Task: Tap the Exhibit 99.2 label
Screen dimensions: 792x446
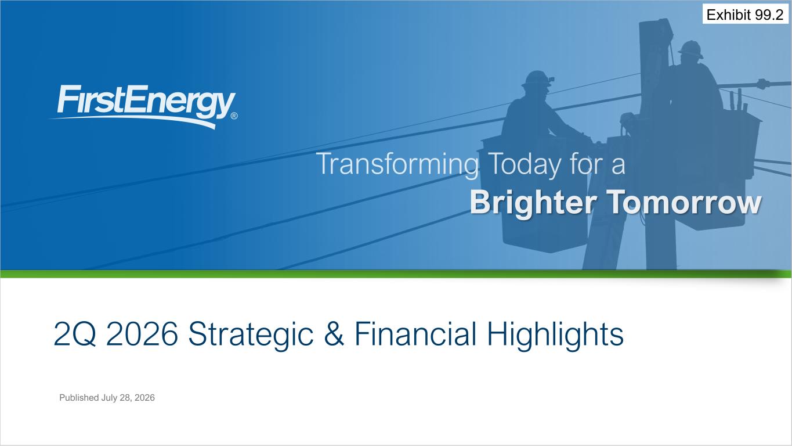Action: [745, 15]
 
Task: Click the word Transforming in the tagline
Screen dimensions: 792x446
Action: [397, 164]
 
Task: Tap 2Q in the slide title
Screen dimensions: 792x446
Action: [75, 334]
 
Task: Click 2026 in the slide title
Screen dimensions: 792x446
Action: [142, 334]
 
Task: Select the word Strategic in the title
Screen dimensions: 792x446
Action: [251, 334]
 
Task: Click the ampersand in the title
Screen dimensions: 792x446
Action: [334, 334]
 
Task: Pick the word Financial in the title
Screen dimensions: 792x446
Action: [415, 333]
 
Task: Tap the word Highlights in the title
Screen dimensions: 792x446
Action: [555, 334]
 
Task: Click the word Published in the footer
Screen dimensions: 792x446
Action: [79, 397]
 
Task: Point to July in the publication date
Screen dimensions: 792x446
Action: [109, 398]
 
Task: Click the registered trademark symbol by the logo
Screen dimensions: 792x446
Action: [234, 116]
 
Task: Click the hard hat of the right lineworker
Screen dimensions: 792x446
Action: [691, 49]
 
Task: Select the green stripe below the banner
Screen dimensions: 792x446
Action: [396, 274]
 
